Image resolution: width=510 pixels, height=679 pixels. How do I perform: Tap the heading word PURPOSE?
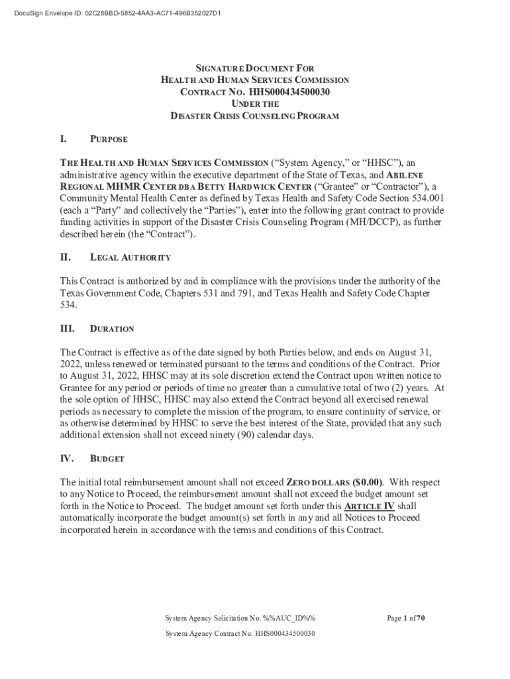[x=109, y=140]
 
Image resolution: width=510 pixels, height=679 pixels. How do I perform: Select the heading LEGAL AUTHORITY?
[x=130, y=257]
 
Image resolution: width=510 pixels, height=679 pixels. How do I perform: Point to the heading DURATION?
[x=112, y=329]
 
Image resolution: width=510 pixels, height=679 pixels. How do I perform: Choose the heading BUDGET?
[x=107, y=459]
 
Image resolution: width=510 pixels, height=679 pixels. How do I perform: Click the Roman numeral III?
[x=68, y=328]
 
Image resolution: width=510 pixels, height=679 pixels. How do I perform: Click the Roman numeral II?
[x=66, y=257]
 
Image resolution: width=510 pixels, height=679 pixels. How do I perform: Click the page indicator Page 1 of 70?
[x=405, y=619]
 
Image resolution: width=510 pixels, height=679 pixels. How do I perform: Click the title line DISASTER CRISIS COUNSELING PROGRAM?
[x=255, y=116]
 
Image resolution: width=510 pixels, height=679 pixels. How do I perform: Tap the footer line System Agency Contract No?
[x=240, y=633]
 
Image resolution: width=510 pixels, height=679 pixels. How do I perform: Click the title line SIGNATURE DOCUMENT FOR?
[x=255, y=68]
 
